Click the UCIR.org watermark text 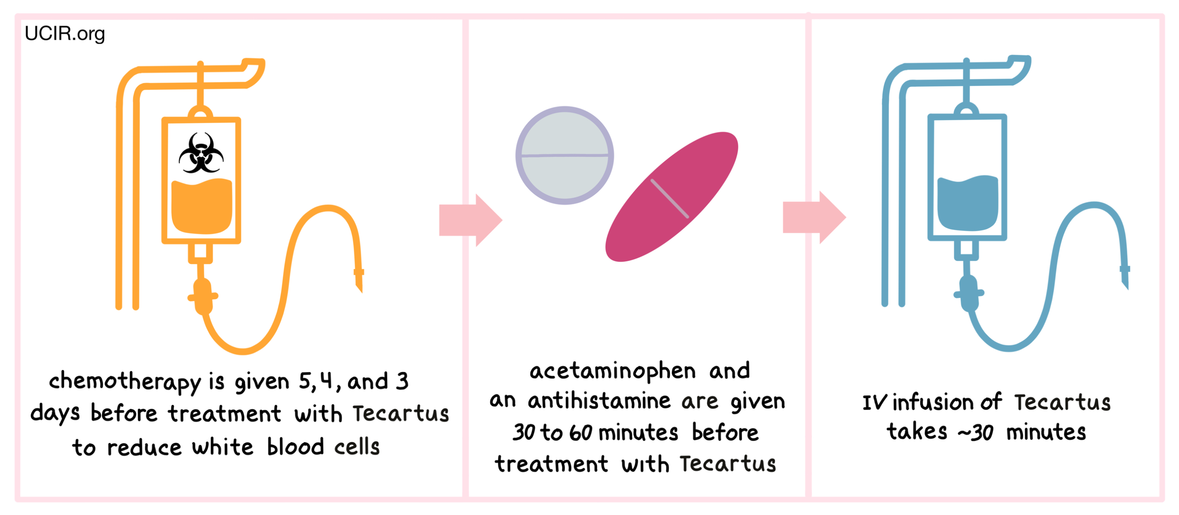[x=65, y=34]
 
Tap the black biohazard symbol [x=201, y=153]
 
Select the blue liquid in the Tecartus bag [x=968, y=203]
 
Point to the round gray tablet [x=564, y=156]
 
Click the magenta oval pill [x=671, y=197]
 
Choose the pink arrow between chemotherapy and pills [x=470, y=220]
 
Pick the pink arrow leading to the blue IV [x=814, y=217]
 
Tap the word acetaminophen [x=612, y=371]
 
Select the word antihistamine [x=599, y=401]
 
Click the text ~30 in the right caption [x=975, y=432]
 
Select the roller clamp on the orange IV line [x=203, y=296]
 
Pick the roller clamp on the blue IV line [x=968, y=293]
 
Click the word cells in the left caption [x=357, y=447]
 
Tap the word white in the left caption [x=222, y=447]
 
